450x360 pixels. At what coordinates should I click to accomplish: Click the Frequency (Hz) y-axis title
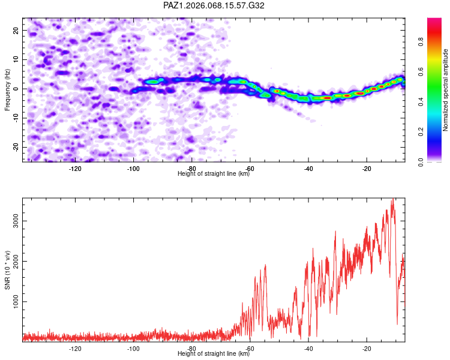7,89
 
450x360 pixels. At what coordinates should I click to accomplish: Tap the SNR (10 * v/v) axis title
7,271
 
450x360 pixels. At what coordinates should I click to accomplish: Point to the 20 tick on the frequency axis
16,30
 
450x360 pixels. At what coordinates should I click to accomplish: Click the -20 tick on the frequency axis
14,147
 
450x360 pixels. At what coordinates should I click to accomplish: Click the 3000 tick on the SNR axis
16,221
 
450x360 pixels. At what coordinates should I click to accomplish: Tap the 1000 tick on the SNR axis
16,302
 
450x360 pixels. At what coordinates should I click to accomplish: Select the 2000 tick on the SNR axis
16,262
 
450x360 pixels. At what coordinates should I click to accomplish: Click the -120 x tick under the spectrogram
75,169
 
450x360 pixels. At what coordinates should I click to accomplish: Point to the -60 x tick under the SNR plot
250,349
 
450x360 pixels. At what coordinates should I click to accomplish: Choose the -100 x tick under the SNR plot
133,349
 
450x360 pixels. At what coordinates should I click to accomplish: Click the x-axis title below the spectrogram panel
214,174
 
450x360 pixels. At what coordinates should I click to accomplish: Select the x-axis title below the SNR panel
214,354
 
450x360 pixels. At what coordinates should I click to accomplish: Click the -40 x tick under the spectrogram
308,169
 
